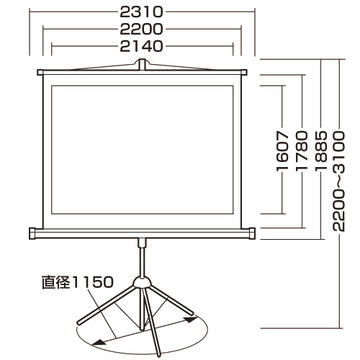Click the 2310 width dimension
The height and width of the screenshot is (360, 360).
(x=143, y=12)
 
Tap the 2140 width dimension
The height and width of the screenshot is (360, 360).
(x=143, y=46)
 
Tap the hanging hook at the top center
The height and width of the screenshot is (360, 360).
(x=143, y=66)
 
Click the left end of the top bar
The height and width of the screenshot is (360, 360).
(x=40, y=72)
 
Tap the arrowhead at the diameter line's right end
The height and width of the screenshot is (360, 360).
(x=192, y=317)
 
